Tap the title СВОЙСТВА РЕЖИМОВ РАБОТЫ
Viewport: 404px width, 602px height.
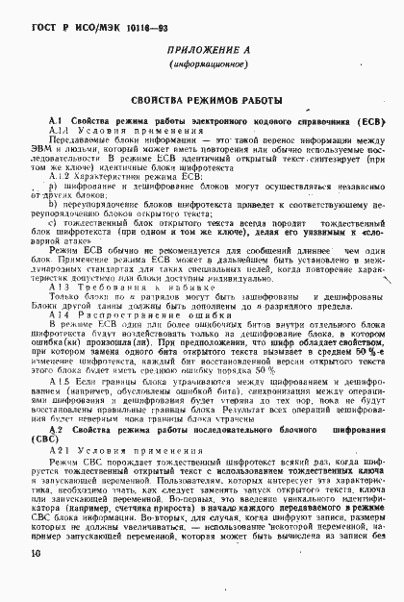(202, 100)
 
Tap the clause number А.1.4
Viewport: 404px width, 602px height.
(61, 314)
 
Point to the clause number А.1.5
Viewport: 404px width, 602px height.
(61, 383)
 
